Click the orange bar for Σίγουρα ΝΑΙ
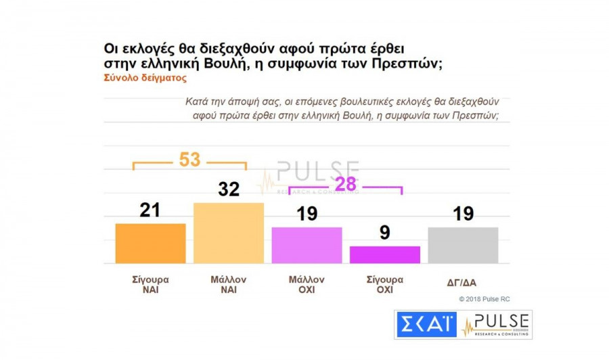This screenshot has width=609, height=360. (x=150, y=243)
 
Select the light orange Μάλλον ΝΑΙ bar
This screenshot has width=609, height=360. (x=228, y=233)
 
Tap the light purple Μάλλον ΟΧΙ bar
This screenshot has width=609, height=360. (x=307, y=245)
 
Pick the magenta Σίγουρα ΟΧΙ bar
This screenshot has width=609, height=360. (x=384, y=254)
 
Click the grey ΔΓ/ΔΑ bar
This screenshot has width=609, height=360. (x=463, y=245)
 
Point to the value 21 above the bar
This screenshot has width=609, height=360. (x=150, y=210)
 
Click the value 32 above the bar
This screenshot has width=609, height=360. (x=229, y=189)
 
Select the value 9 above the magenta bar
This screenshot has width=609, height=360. (x=385, y=232)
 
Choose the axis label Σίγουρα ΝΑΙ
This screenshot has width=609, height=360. (x=150, y=284)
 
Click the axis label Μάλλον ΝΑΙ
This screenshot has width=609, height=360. (x=228, y=284)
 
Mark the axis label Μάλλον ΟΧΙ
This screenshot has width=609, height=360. (x=307, y=284)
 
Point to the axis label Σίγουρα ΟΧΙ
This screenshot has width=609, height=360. (x=384, y=284)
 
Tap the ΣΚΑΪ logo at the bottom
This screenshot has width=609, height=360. (x=426, y=325)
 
